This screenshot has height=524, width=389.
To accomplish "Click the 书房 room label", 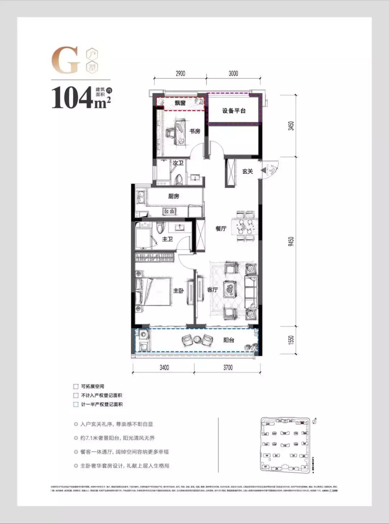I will pyautogui.click(x=195, y=131).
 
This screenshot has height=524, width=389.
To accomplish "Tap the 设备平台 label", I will pyautogui.click(x=234, y=111).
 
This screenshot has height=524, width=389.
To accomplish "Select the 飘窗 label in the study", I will pyautogui.click(x=180, y=103).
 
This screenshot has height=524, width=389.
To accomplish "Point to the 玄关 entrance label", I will pyautogui.click(x=247, y=171).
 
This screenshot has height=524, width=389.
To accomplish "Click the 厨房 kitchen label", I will pyautogui.click(x=174, y=196).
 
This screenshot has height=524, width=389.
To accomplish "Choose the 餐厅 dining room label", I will pyautogui.click(x=221, y=228).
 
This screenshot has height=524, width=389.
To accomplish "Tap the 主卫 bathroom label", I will pyautogui.click(x=167, y=239).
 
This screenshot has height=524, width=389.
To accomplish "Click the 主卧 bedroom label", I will pyautogui.click(x=178, y=290).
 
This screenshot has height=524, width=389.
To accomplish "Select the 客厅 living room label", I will pyautogui.click(x=213, y=290).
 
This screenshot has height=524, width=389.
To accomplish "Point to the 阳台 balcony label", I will pyautogui.click(x=229, y=340).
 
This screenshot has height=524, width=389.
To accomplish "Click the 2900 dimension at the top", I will pyautogui.click(x=180, y=73).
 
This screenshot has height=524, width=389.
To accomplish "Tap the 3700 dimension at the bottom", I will pyautogui.click(x=228, y=368).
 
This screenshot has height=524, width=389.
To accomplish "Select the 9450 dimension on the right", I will pyautogui.click(x=291, y=241).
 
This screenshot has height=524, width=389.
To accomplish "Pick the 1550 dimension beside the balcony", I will pyautogui.click(x=291, y=340).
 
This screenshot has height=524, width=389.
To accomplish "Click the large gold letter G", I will pyautogui.click(x=66, y=60).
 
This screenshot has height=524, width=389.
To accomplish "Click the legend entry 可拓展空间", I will pyautogui.click(x=92, y=386).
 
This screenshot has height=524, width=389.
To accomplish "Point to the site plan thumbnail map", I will pyautogui.click(x=285, y=445).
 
